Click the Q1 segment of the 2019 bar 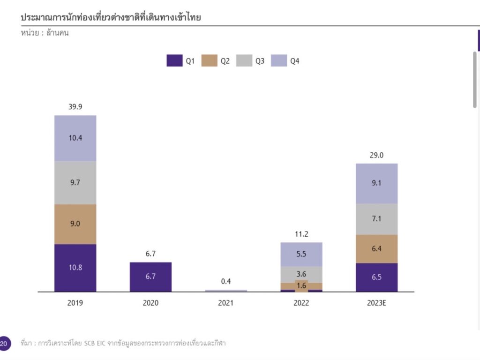75,268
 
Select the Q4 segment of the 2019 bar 75,138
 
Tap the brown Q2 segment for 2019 75,224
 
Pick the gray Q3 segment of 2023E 376,219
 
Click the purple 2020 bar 150,277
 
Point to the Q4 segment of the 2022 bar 301,254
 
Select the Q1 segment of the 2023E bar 376,277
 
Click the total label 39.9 75,107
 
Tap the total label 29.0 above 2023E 376,155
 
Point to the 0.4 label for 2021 226,281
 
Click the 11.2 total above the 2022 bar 301,234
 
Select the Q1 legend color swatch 174,61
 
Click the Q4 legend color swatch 279,61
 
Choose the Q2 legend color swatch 209,61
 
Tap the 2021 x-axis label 226,303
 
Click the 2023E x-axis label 376,303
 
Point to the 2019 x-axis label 75,303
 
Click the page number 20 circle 4,343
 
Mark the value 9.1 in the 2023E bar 376,183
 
